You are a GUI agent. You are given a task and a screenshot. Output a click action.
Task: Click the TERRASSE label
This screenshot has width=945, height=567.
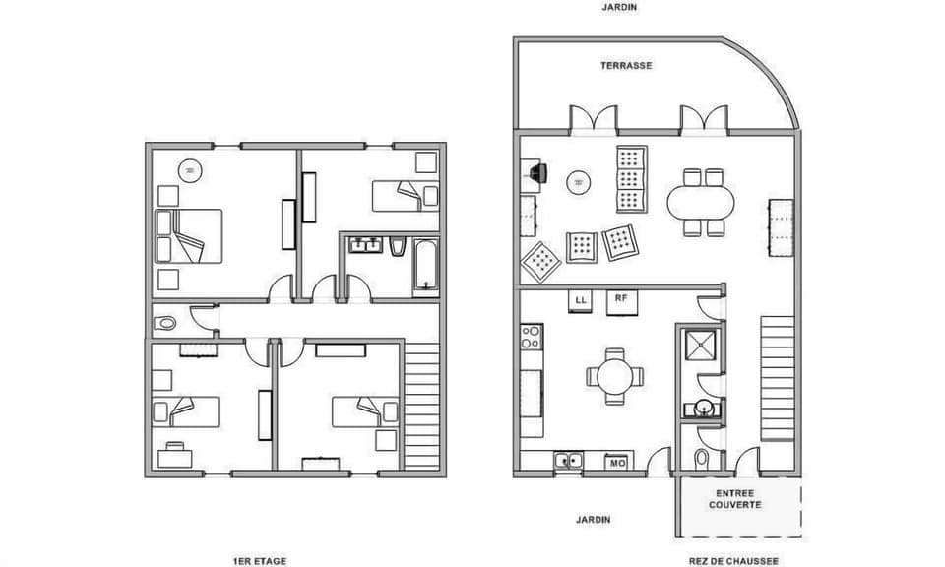626,66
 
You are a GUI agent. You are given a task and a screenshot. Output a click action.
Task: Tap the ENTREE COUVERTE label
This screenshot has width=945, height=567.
738,499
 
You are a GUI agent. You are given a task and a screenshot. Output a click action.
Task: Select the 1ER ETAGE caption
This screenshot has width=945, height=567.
260,561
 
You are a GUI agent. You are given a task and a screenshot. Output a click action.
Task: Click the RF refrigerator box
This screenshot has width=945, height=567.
621,301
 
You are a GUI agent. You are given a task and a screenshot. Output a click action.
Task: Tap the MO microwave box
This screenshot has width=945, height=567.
618,461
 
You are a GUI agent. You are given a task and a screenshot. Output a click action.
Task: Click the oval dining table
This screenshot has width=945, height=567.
701,204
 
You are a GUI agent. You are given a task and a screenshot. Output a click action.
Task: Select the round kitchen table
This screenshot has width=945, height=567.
615,375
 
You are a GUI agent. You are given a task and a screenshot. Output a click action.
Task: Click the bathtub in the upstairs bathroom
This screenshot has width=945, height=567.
426,267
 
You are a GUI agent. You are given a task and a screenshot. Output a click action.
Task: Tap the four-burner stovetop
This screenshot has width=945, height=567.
532,337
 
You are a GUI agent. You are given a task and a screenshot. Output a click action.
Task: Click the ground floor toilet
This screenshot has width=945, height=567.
701,459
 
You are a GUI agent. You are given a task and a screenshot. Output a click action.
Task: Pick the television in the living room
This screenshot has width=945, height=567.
535,173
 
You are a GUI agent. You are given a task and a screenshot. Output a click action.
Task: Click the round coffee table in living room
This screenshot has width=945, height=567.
579,182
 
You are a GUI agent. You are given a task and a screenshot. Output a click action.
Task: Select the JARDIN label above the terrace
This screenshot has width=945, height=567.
620,7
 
